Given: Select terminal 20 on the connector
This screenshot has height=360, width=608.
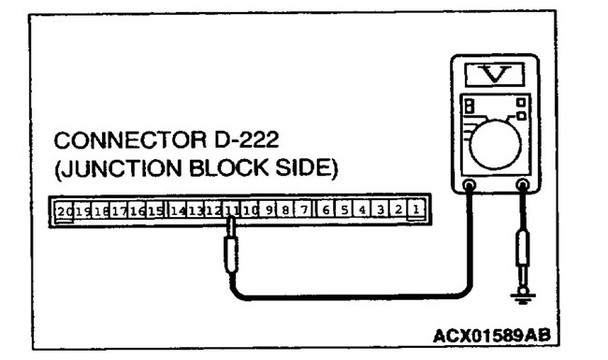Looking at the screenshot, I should [65, 210].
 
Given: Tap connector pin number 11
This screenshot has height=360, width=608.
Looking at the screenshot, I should [231, 210].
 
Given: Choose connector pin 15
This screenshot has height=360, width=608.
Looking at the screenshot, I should [155, 210].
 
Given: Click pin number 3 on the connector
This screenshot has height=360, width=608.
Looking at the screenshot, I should [379, 210].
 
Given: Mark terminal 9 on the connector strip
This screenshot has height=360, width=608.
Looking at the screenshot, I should [268, 210].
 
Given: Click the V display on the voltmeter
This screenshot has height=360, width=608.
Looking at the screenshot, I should [495, 73].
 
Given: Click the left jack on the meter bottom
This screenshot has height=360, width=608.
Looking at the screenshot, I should [470, 186].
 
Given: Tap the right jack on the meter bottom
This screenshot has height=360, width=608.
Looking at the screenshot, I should [521, 186].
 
